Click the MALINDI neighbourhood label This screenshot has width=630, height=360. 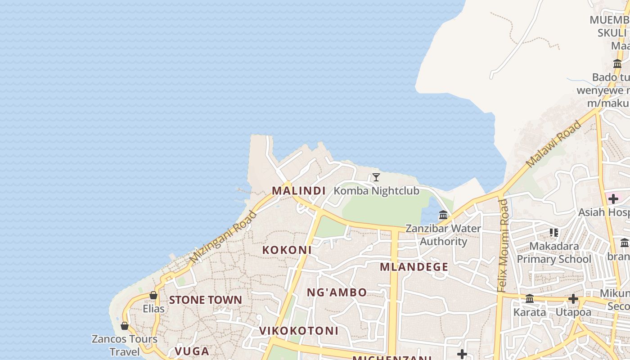(299, 191)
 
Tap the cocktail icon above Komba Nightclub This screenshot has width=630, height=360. (376, 177)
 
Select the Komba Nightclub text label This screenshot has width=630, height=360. (376, 191)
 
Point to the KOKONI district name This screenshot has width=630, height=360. (287, 250)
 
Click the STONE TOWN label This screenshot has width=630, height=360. (206, 300)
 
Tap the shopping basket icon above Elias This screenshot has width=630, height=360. (153, 296)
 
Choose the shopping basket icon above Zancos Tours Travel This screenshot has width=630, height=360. (125, 326)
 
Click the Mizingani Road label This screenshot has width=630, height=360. (223, 237)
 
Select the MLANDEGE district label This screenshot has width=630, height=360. (414, 267)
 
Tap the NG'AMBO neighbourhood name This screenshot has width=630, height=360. (337, 292)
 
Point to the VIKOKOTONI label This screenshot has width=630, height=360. (299, 331)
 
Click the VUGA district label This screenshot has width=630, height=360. (192, 351)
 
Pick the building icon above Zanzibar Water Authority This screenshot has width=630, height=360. (443, 215)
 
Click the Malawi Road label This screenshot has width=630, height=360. (554, 144)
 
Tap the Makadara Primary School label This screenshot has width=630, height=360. (554, 252)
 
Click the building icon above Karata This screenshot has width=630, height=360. (530, 299)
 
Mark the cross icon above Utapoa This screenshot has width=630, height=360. (573, 299)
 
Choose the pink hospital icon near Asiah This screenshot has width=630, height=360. (613, 198)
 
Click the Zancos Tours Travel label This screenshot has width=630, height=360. (125, 345)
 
